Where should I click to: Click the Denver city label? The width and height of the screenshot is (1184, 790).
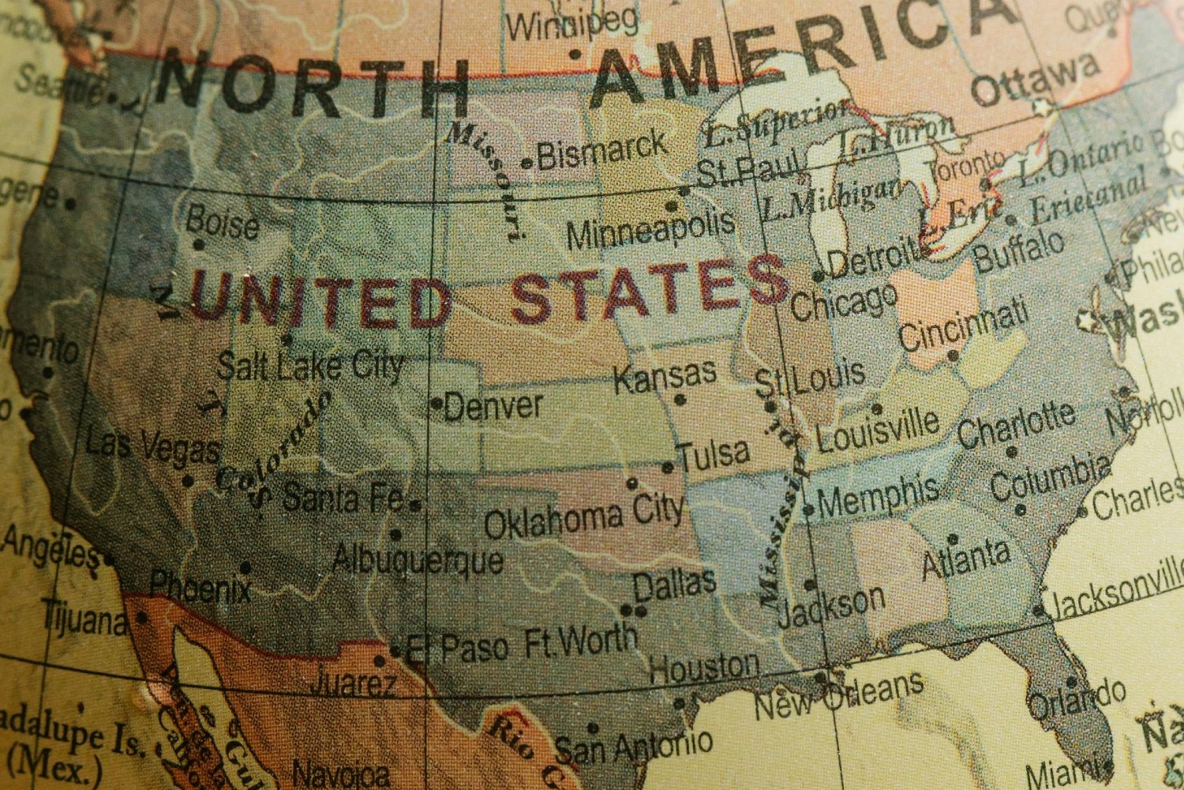(x=493, y=406)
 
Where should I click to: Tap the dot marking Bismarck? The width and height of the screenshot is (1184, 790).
(x=527, y=164)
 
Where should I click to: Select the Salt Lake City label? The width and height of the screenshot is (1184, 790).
(x=309, y=366)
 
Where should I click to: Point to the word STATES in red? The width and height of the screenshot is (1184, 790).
(x=649, y=288)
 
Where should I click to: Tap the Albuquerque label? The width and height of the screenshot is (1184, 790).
(x=418, y=559)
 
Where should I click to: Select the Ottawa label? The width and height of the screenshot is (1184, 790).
(x=1033, y=80)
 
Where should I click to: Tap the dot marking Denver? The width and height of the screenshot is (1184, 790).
(x=437, y=404)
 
